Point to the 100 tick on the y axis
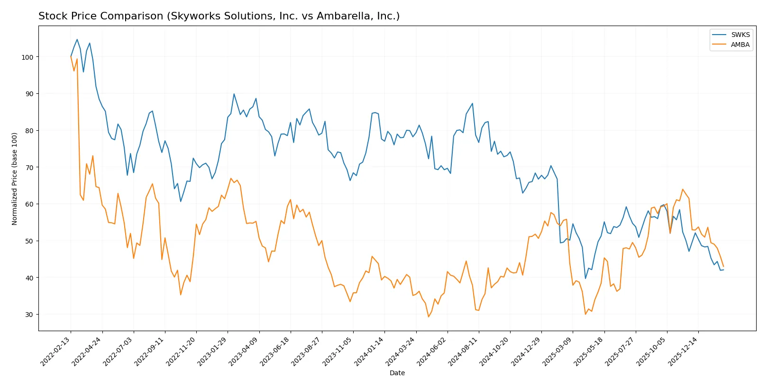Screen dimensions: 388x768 coord(27,57)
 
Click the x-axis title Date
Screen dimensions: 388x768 coord(397,373)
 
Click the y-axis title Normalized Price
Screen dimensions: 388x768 coord(15,179)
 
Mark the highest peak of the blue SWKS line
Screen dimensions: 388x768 coord(77,39)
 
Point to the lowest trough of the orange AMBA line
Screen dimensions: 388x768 coord(429,317)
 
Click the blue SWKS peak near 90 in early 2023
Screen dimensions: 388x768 coord(234,94)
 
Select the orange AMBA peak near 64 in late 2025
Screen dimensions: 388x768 coord(683,189)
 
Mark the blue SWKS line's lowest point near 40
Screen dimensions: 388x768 coord(585,279)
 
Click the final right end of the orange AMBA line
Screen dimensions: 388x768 coord(723,267)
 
